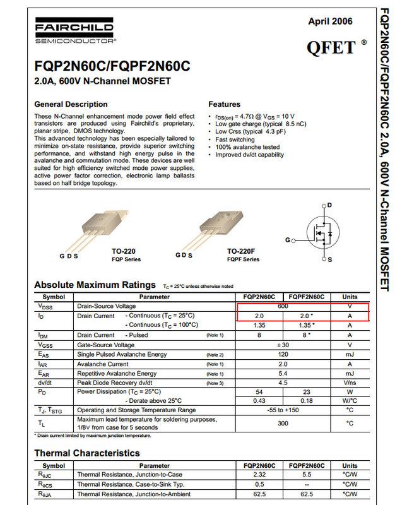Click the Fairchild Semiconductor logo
[74, 33]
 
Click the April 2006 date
[330, 21]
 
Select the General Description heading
[71, 104]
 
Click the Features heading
[224, 104]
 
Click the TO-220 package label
[123, 251]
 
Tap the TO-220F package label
[242, 251]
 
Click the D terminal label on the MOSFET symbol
[329, 206]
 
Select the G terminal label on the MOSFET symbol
[288, 240]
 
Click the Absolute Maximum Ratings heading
[95, 285]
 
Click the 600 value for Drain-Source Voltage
[283, 306]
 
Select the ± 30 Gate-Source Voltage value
[283, 345]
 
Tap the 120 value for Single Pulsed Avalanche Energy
[283, 355]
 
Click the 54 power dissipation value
[259, 391]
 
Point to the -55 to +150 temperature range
[283, 410]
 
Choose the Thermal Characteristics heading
[87, 453]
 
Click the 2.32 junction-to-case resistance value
[259, 473]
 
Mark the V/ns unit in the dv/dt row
[349, 383]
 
